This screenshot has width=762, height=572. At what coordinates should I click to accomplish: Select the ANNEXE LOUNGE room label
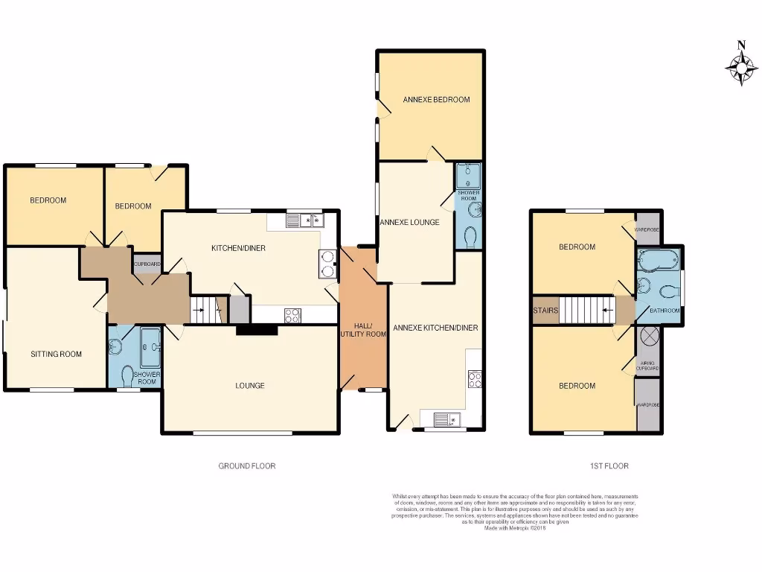(x=409, y=222)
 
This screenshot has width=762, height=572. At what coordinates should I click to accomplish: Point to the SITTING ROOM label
(x=56, y=354)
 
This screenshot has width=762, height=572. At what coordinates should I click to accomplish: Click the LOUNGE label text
(x=250, y=386)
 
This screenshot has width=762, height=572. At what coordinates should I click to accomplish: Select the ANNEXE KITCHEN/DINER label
(x=435, y=327)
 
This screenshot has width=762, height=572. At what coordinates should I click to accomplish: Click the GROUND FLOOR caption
(x=246, y=466)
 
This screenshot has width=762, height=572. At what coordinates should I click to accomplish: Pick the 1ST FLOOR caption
(x=609, y=466)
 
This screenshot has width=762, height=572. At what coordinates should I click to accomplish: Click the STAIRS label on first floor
(x=545, y=311)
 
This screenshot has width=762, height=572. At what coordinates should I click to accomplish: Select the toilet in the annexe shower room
(x=470, y=238)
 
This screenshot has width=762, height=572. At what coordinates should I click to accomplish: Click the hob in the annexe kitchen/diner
(x=473, y=379)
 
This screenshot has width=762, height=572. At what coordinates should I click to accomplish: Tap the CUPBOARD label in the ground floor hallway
(x=147, y=264)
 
